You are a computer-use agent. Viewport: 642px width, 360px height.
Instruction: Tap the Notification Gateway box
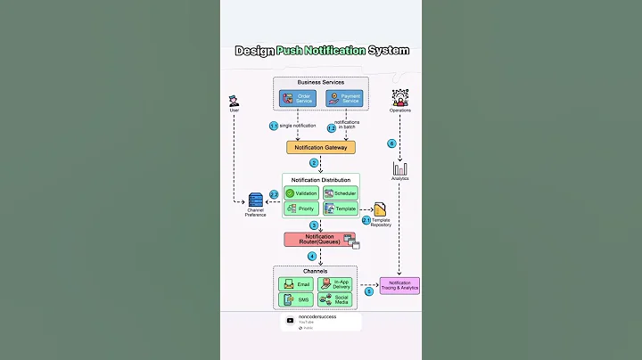(320, 147)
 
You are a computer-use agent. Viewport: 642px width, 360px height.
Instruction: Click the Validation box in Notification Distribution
(301, 192)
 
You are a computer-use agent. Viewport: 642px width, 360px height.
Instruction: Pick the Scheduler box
(340, 192)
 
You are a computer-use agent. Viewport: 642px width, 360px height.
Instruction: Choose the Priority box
(301, 209)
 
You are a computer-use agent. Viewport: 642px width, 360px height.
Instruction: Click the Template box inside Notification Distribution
(340, 209)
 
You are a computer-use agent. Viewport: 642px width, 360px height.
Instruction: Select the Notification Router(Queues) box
(319, 239)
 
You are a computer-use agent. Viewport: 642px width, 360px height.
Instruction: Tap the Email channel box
(297, 284)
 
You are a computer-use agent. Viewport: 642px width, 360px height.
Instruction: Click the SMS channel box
(297, 299)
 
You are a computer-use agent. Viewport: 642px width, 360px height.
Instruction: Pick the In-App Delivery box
(335, 284)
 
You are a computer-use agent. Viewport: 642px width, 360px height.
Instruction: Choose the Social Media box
(335, 299)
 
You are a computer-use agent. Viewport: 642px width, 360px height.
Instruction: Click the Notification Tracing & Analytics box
(399, 285)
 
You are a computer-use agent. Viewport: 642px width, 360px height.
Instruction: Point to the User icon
(234, 100)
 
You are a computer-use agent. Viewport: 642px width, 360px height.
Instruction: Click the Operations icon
(399, 97)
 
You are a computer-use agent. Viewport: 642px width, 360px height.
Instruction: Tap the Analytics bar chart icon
(399, 168)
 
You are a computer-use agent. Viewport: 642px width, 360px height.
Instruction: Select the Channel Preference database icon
(256, 200)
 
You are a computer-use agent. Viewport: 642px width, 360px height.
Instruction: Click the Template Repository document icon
(380, 209)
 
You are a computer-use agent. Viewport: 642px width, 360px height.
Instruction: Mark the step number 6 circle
(391, 143)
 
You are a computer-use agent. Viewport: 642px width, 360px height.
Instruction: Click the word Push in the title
(291, 51)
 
